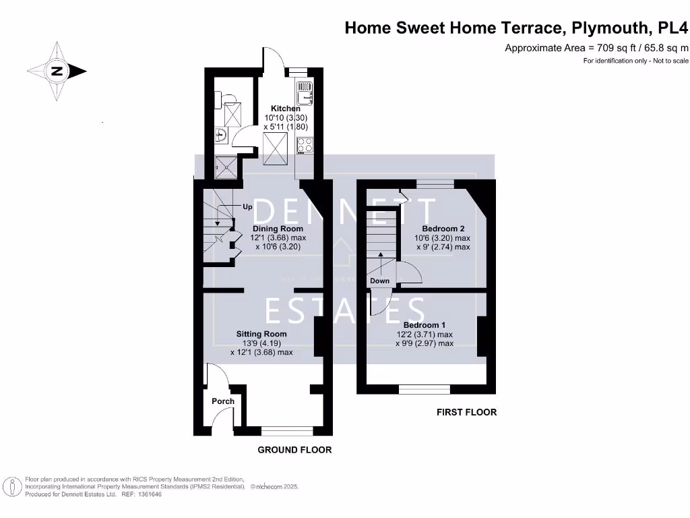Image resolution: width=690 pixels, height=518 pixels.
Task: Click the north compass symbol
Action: pyautogui.click(x=57, y=71)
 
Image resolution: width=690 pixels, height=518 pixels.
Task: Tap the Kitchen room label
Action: pyautogui.click(x=286, y=109)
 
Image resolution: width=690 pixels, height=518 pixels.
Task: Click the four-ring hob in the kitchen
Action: pyautogui.click(x=305, y=144)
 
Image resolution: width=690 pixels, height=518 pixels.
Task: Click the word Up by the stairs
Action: pyautogui.click(x=247, y=207)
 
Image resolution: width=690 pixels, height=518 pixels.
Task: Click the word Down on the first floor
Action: pyautogui.click(x=379, y=281)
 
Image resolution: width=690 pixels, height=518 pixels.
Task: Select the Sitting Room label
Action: pyautogui.click(x=261, y=334)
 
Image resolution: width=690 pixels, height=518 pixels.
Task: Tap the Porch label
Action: pyautogui.click(x=223, y=401)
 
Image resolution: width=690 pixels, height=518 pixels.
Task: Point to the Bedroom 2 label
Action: pyautogui.click(x=443, y=229)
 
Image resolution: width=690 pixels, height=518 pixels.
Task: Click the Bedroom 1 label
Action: pyautogui.click(x=425, y=325)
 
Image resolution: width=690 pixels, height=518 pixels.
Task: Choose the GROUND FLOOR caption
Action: pyautogui.click(x=295, y=450)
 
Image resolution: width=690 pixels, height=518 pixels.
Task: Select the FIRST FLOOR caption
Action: pyautogui.click(x=466, y=412)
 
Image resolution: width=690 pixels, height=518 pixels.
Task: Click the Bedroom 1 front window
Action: pyautogui.click(x=425, y=388)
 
